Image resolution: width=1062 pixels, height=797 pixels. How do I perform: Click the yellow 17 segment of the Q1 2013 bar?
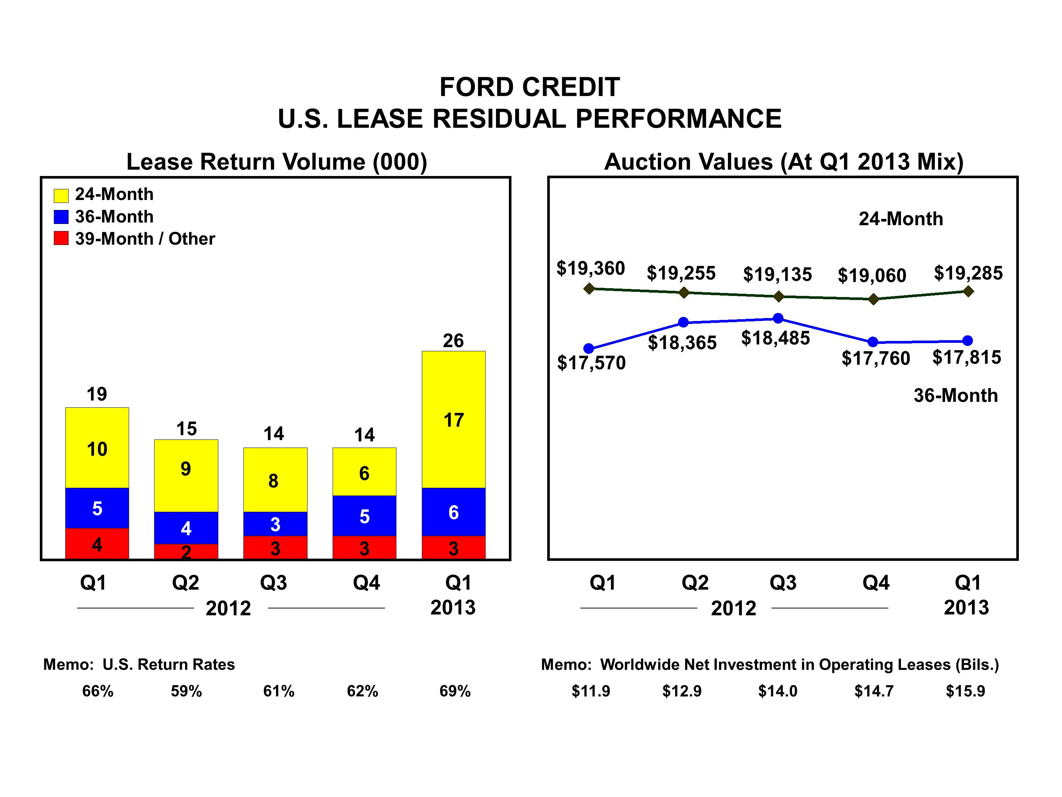[x=454, y=420]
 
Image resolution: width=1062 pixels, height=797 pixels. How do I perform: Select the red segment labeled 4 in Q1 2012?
[x=97, y=544]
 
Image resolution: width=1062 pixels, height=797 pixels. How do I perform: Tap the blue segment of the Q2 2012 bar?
[x=186, y=528]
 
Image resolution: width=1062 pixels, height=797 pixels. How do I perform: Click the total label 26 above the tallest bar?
[x=453, y=341]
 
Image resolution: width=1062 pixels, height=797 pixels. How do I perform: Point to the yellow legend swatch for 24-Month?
[x=61, y=196]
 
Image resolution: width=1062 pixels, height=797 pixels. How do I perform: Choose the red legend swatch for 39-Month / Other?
[x=61, y=238]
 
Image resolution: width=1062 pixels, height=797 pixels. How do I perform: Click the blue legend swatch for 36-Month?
[x=61, y=217]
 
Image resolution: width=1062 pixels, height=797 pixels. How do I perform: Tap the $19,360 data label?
[x=590, y=268]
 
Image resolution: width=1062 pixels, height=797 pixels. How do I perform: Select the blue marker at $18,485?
[x=779, y=318]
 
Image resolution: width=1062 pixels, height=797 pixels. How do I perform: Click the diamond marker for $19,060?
[x=873, y=300]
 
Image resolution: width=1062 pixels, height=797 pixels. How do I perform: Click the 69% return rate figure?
[x=455, y=691]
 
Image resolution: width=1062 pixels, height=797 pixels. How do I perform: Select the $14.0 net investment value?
[x=777, y=691]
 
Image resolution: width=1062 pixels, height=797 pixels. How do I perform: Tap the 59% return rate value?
[x=186, y=691]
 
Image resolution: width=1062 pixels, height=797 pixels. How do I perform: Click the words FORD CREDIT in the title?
[x=530, y=87]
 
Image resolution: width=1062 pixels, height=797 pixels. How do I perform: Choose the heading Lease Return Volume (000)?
[x=277, y=162]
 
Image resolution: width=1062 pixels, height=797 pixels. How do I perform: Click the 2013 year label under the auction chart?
[x=966, y=608]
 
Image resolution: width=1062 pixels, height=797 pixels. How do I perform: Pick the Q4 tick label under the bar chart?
[x=366, y=583]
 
